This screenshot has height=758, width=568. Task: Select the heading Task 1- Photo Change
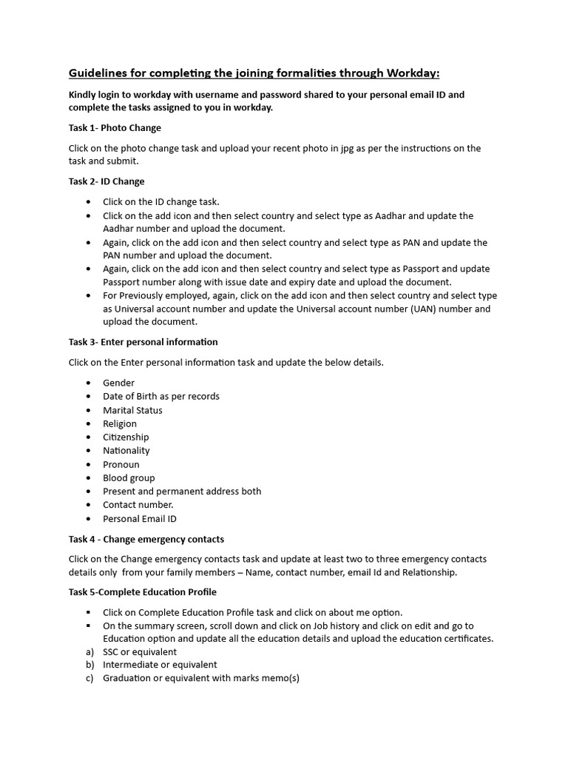(115, 128)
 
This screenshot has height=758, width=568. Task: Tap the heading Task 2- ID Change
(106, 181)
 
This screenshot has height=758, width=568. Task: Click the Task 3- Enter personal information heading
(143, 342)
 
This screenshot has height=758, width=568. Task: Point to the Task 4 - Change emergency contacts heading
(146, 539)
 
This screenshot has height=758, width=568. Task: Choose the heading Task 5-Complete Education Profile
(143, 592)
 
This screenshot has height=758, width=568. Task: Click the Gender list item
(118, 383)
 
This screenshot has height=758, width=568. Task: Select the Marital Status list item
(132, 410)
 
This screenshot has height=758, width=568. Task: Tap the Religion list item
(120, 423)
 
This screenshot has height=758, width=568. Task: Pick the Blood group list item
(129, 477)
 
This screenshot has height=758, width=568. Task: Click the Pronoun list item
(121, 464)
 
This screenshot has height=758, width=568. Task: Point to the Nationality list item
(126, 450)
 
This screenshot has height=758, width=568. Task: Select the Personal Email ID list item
(140, 518)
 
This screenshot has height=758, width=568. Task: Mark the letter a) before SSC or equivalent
(90, 651)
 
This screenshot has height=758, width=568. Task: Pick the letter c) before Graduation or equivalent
(90, 678)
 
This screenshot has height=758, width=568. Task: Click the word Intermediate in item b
(130, 665)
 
